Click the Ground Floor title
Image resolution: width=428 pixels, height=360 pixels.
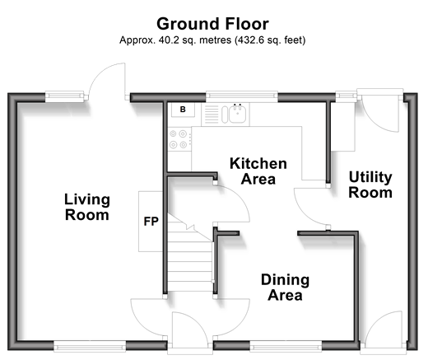point(212,24)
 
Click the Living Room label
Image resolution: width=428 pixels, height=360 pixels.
point(87,207)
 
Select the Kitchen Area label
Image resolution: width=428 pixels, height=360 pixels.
point(258,171)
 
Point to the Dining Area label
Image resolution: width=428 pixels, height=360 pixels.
point(285,288)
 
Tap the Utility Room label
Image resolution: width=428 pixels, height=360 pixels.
point(370,185)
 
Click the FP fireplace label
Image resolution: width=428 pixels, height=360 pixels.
point(151,222)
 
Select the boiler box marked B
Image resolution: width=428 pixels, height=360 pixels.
point(183,110)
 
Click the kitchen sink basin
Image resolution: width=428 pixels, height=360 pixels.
point(237,114)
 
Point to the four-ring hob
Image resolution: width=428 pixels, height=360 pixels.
point(178,139)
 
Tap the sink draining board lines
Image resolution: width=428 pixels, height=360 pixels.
point(212,115)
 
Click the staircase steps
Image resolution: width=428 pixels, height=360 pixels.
point(190,253)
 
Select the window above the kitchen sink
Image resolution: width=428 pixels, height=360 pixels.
point(242,96)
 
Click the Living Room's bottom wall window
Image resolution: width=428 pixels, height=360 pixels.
point(90,347)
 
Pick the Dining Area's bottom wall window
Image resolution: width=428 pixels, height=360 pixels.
point(286,347)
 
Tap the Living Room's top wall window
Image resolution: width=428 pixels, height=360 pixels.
point(64,96)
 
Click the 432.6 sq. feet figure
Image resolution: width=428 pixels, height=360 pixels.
point(268,40)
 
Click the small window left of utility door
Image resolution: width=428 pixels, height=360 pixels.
point(347,96)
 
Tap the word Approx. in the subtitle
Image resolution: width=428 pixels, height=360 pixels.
point(137,40)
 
